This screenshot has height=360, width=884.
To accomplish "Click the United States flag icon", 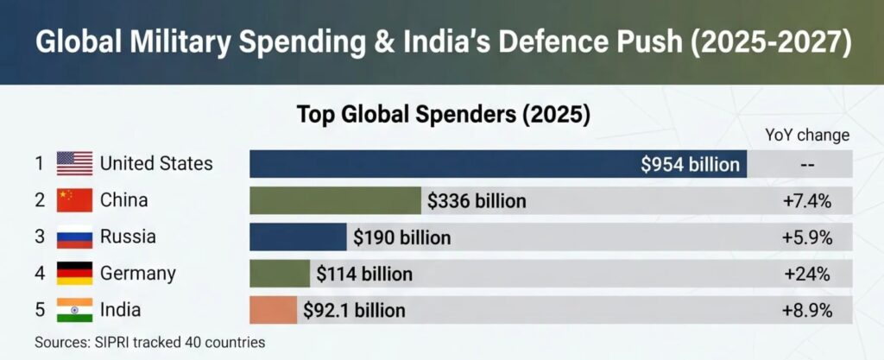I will (74, 163).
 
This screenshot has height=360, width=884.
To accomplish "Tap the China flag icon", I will (74, 200).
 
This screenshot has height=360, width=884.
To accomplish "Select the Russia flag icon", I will (74, 237).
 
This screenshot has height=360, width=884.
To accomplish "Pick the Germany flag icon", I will (74, 274).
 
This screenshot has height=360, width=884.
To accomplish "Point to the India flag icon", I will (74, 310).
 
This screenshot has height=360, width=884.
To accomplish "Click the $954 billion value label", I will (690, 164).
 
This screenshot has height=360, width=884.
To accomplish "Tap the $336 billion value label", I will (477, 201).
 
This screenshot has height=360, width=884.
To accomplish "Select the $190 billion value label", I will (401, 237).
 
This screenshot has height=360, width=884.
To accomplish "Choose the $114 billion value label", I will (363, 275).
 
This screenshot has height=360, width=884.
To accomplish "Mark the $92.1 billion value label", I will (353, 311).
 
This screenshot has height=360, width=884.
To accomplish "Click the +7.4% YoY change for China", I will (806, 201).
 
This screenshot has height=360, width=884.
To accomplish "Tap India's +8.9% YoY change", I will (806, 311).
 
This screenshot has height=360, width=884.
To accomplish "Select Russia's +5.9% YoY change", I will (806, 237).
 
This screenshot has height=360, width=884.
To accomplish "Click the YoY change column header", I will (807, 136).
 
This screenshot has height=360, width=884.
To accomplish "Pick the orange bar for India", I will (273, 311).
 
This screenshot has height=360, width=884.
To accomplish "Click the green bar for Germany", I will (279, 275).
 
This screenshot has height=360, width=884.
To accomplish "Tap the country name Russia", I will (129, 237).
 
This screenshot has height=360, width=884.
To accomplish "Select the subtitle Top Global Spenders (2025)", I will (443, 114).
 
